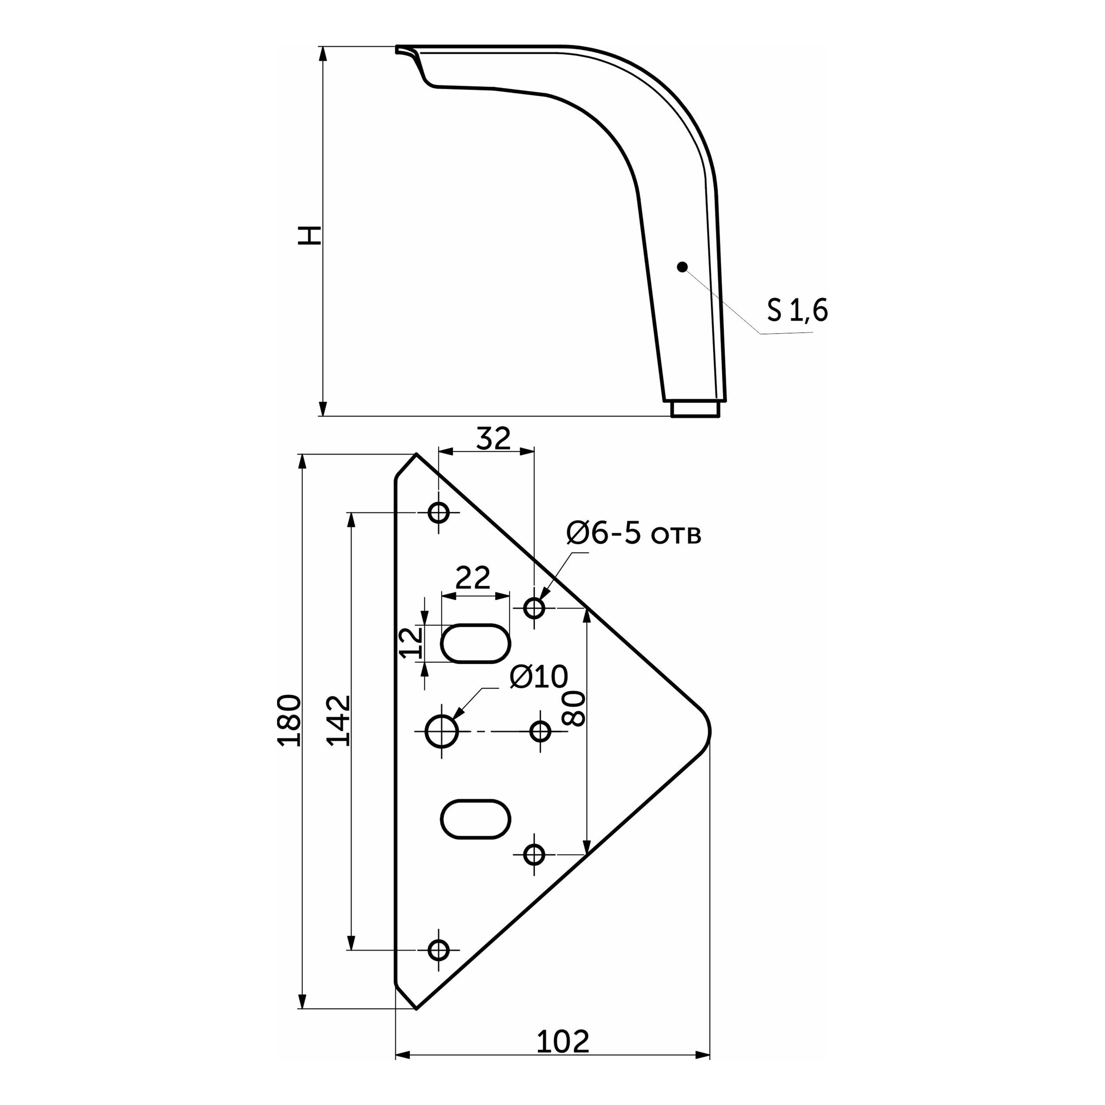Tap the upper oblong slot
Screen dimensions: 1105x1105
pos(475,643)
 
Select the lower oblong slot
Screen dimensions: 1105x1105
pos(475,819)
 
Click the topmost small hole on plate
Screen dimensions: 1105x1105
pos(439,512)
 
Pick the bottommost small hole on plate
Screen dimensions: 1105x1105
pos(439,950)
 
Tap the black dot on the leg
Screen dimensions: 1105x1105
pos(682,267)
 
